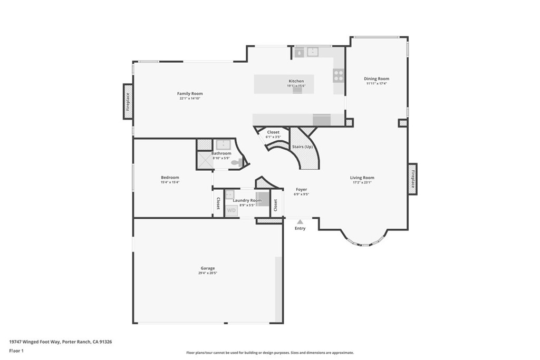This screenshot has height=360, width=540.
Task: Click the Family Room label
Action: [190, 94]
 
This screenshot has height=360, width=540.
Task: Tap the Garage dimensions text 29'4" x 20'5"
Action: [208, 273]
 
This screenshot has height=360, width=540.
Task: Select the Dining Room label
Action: [377, 79]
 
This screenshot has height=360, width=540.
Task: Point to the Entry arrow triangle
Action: [300, 222]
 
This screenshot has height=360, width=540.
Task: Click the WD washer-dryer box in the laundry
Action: [231, 210]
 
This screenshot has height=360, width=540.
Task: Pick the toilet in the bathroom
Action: [237, 163]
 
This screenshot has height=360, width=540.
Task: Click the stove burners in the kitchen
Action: [339, 75]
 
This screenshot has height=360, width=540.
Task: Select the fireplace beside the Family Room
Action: [128, 101]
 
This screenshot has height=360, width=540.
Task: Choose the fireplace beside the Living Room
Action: [412, 179]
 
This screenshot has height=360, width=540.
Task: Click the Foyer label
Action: [301, 189]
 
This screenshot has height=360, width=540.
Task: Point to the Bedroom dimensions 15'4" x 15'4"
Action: [170, 182]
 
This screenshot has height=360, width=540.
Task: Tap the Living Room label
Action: [362, 178]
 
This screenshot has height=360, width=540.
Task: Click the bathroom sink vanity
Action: [223, 144]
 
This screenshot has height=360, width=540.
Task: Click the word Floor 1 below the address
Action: [16, 351]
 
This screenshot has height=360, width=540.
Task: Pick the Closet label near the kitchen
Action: [273, 132]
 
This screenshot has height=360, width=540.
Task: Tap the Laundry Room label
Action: [247, 200]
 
